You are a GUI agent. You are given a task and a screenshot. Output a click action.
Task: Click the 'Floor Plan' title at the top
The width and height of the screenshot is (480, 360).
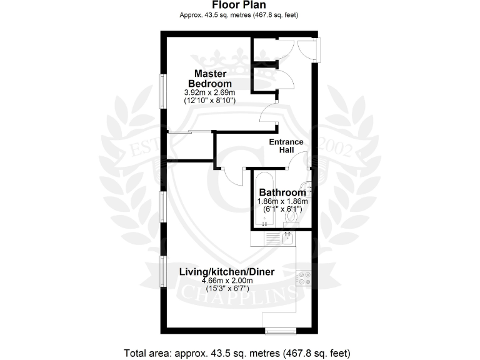[239, 6]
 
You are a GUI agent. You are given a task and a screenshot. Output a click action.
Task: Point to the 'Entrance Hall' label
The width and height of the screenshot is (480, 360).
[286, 146]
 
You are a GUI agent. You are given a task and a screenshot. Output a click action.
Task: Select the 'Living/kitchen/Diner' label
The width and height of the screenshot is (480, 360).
[227, 272]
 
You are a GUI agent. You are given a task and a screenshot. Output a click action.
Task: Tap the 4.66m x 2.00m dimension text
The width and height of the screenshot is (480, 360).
[227, 281]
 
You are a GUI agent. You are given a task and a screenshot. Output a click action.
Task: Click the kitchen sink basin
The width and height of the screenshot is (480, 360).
[288, 237]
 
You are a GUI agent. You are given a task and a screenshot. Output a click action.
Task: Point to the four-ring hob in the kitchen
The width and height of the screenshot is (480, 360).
[306, 277]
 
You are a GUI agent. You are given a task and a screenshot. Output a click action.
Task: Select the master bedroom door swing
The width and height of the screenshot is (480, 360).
[269, 115]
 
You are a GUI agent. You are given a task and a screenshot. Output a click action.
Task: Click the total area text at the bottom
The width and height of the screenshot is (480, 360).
[239, 352]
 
